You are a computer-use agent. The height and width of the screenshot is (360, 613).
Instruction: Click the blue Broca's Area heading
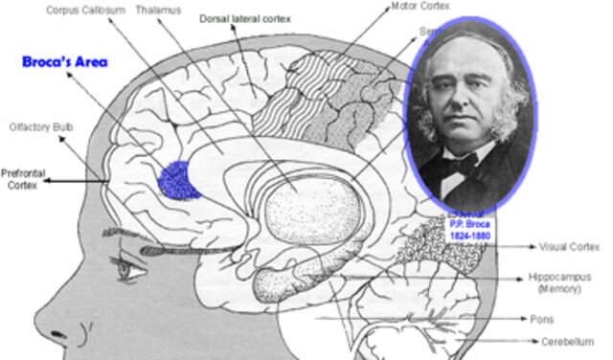pos(65,62)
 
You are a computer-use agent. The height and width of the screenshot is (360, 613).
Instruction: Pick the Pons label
pos(541,319)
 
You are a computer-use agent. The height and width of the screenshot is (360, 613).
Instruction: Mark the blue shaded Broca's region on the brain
pos(177,179)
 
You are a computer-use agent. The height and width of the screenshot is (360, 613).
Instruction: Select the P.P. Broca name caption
pos(469,223)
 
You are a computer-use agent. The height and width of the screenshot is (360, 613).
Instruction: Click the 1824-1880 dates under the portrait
pos(469,235)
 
